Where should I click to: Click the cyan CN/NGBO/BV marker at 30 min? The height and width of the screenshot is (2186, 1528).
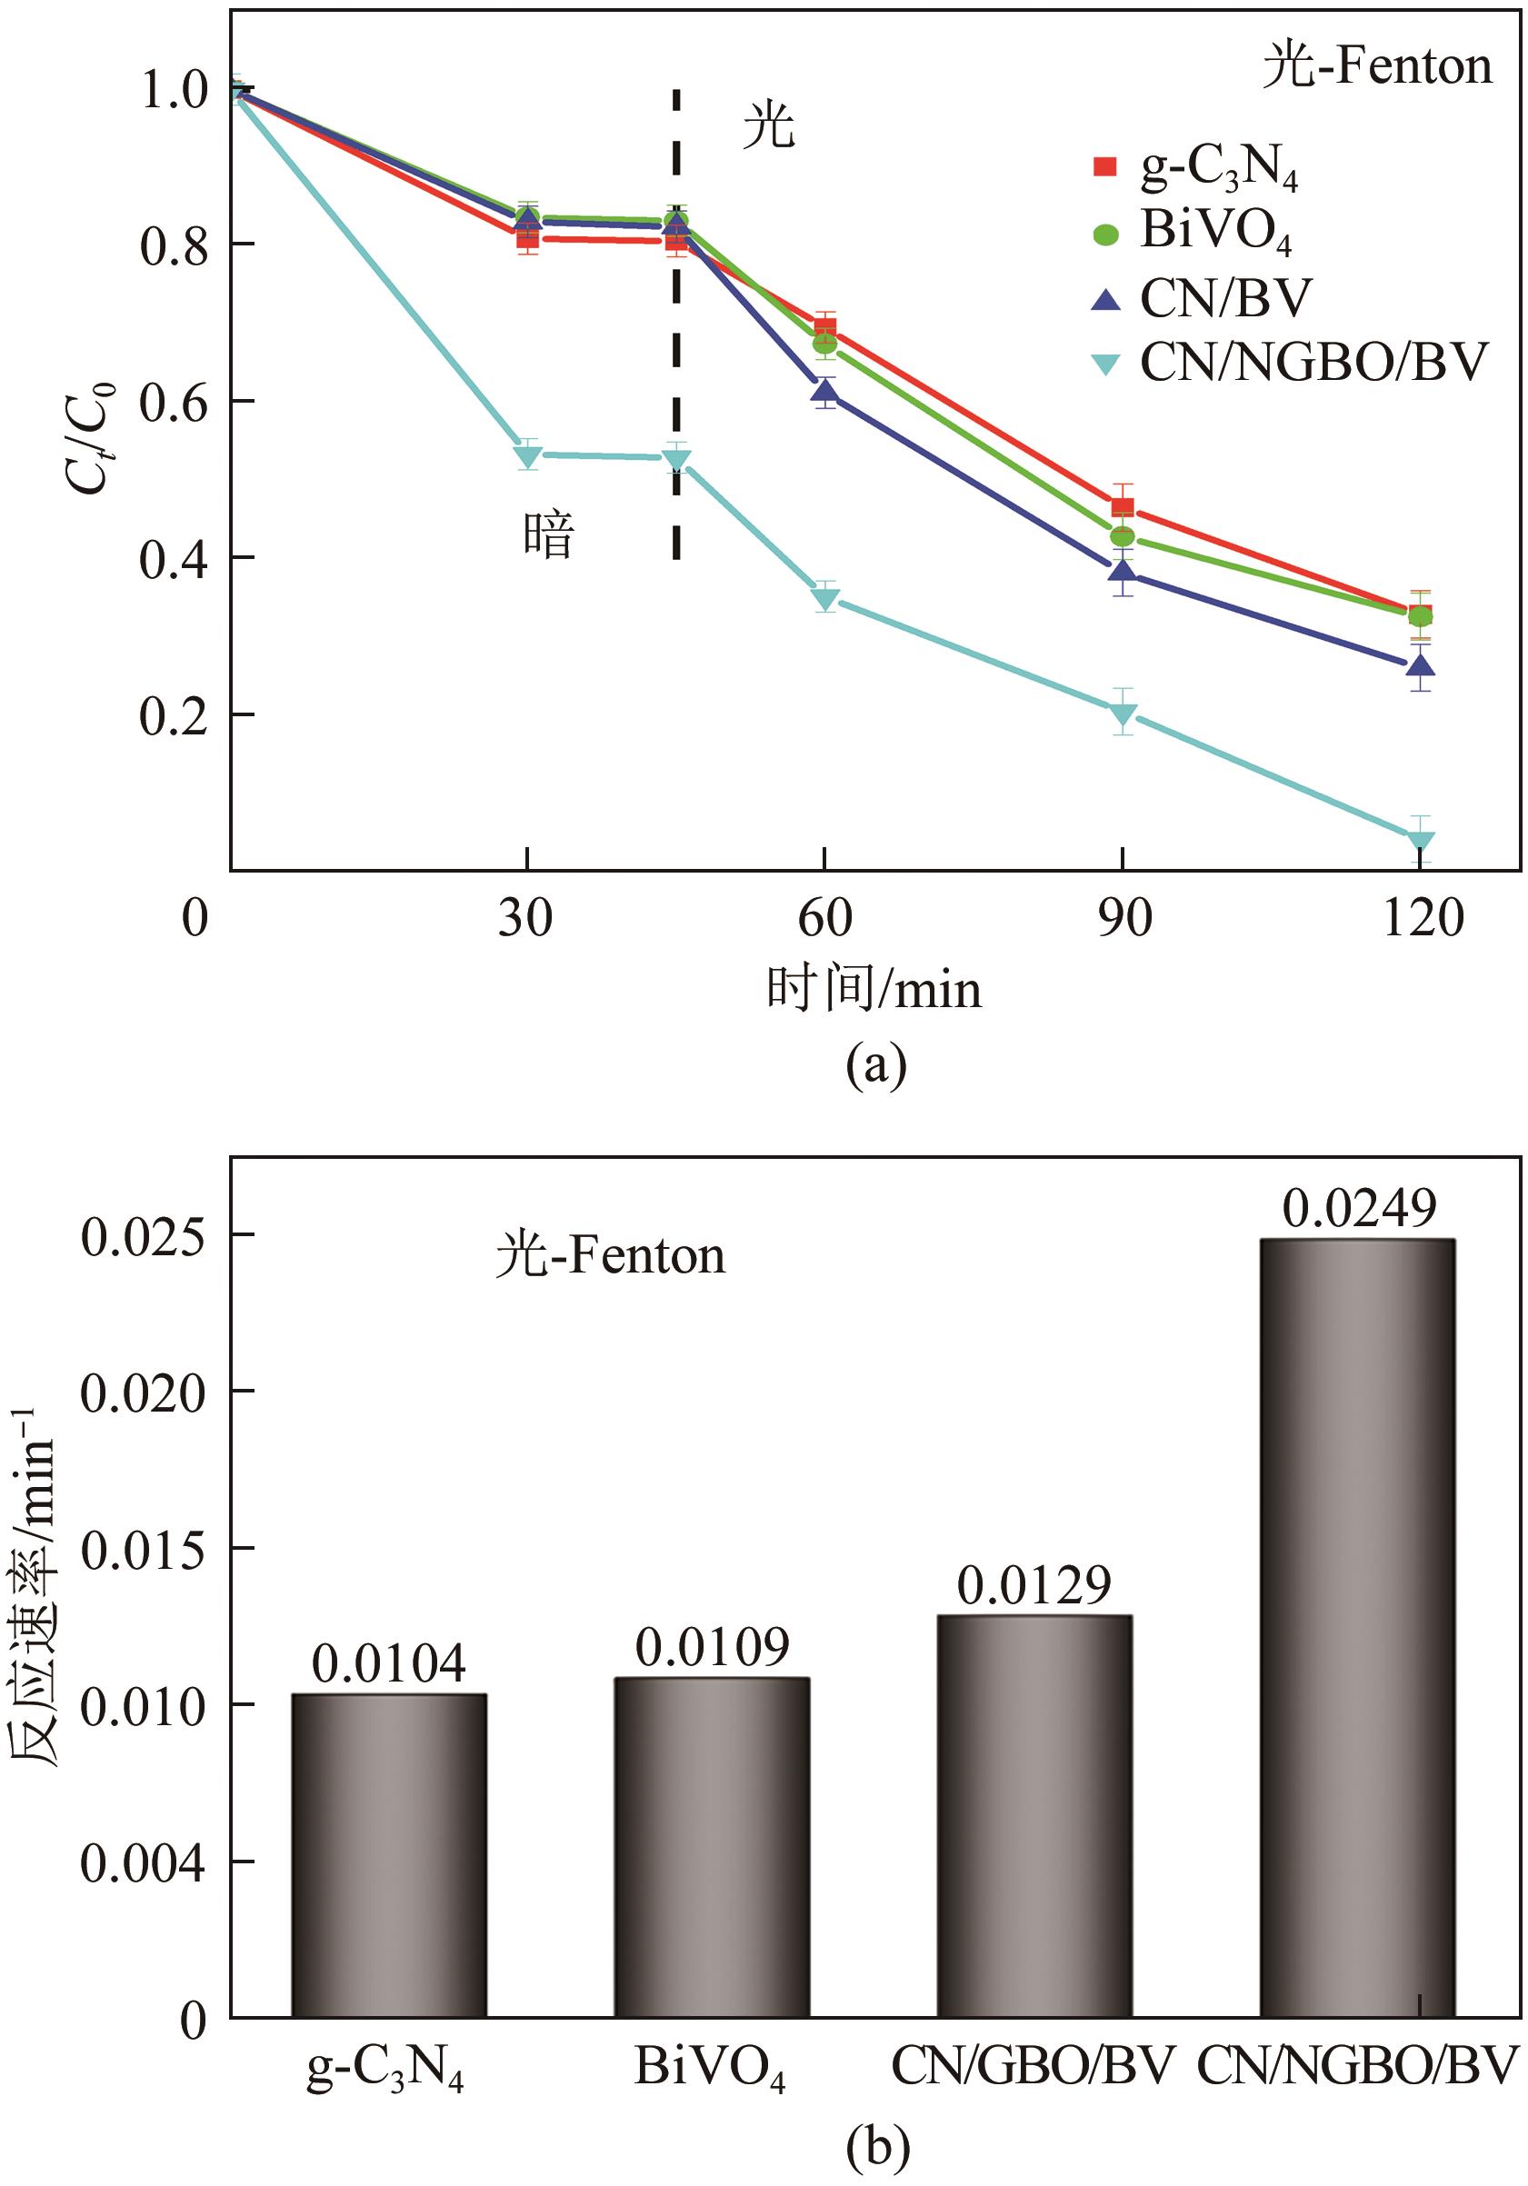[x=527, y=455]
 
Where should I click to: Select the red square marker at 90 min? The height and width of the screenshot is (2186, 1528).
[x=1123, y=507]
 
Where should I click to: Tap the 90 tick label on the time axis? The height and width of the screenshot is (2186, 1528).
[x=1124, y=918]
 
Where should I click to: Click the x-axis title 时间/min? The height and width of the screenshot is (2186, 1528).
[x=874, y=989]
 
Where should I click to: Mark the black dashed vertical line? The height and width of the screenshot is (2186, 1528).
[x=676, y=324]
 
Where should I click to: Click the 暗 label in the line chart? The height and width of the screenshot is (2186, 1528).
[x=549, y=535]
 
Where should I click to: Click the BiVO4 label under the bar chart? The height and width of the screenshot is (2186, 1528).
[x=710, y=2067]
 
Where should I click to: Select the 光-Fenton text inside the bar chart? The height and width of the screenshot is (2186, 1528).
[x=610, y=1256]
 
